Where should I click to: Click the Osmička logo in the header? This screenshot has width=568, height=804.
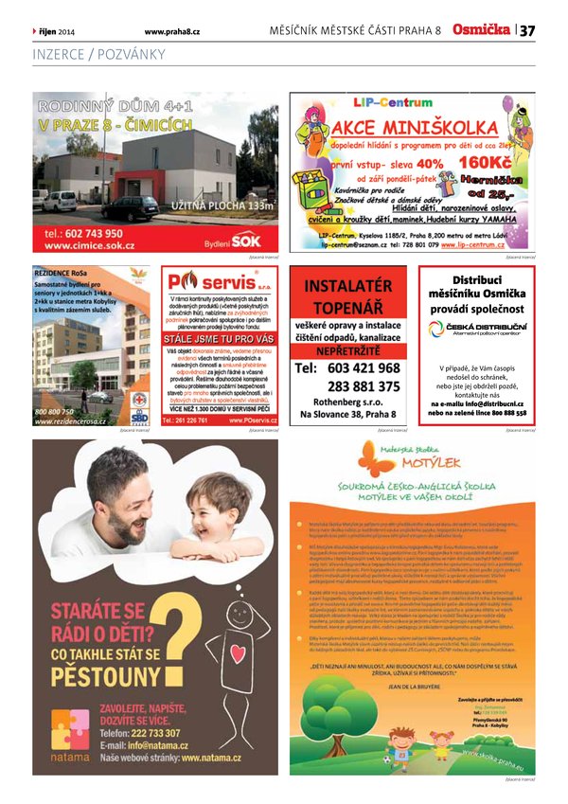click(483, 30)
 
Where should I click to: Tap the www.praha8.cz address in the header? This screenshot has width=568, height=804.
click(171, 31)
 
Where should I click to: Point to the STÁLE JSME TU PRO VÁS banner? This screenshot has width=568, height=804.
click(220, 337)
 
